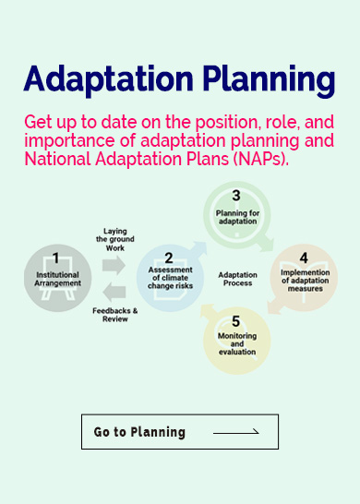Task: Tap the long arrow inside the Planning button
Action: tap(236, 432)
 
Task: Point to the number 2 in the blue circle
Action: tap(168, 258)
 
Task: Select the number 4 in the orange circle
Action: tap(304, 258)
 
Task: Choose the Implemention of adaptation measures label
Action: tap(304, 280)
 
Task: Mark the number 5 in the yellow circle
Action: tap(236, 322)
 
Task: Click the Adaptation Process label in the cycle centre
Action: tap(238, 279)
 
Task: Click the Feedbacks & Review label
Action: tap(114, 315)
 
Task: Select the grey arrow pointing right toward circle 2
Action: tap(114, 264)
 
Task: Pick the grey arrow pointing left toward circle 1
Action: tap(114, 292)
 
